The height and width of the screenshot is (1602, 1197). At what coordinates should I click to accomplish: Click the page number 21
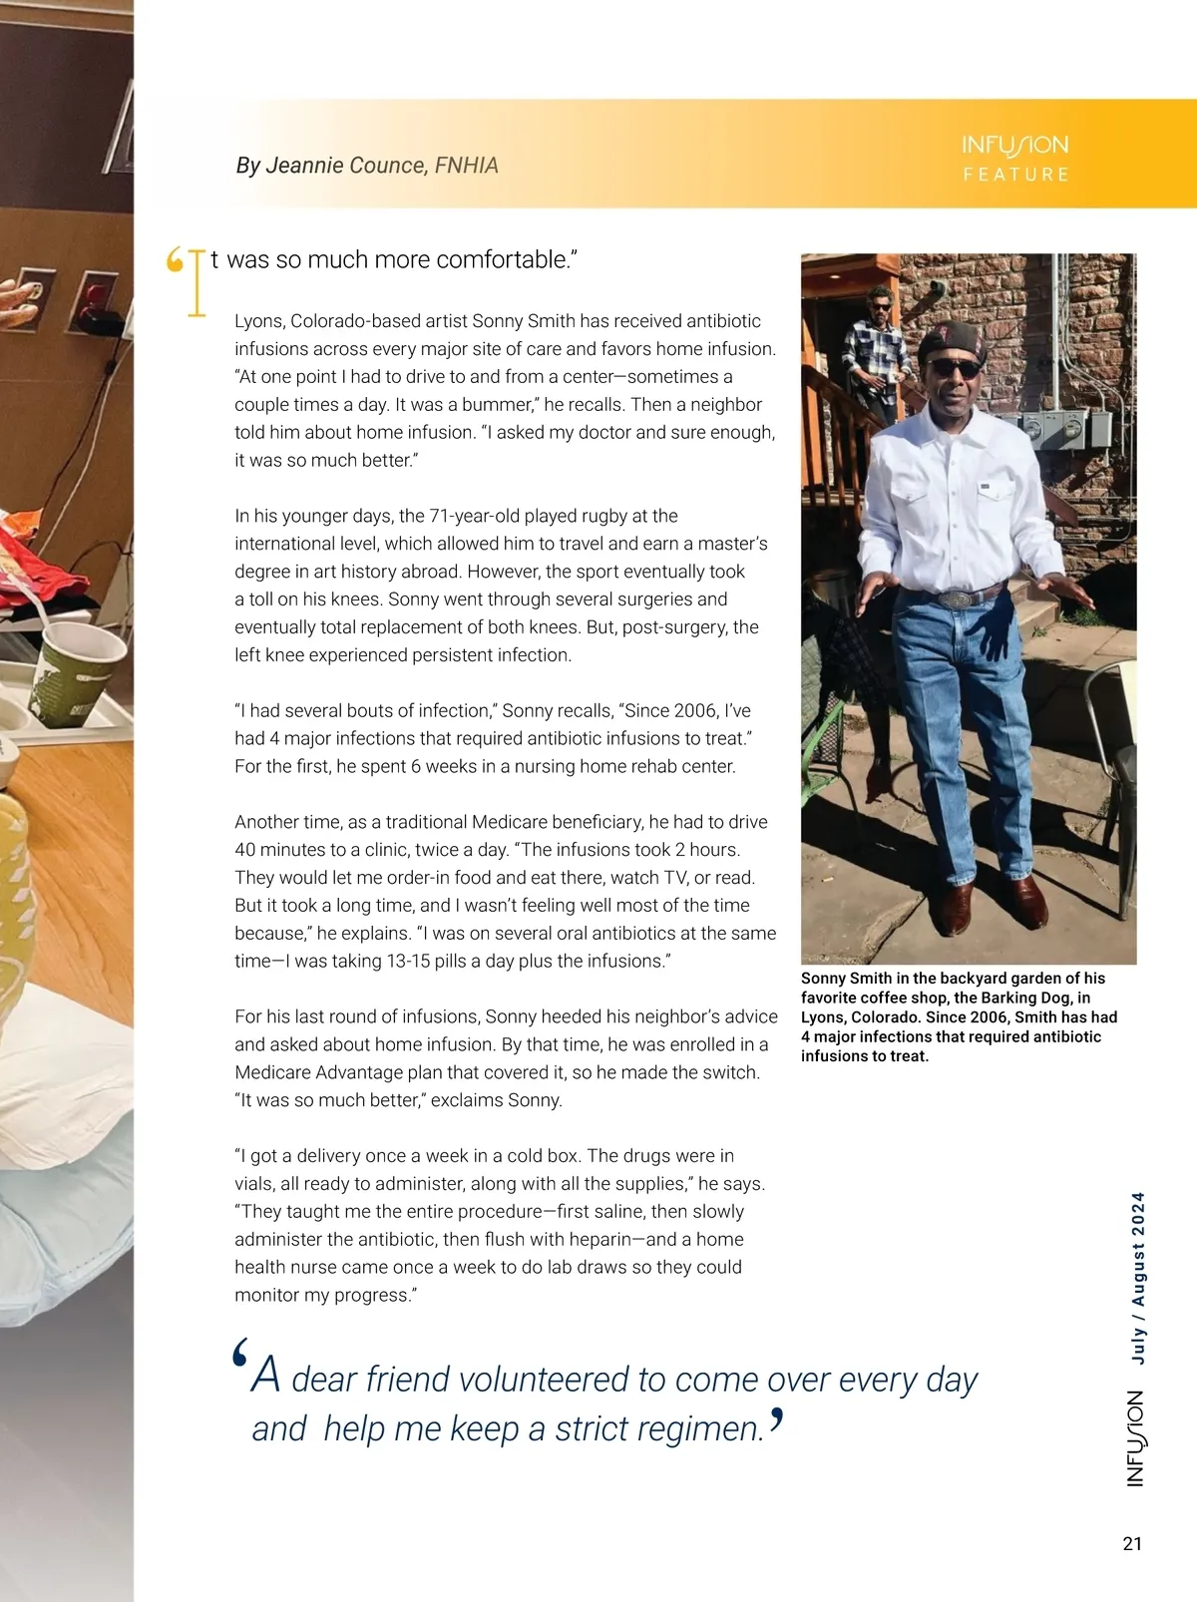tap(1132, 1543)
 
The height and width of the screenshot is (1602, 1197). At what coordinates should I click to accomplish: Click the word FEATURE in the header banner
tap(1015, 175)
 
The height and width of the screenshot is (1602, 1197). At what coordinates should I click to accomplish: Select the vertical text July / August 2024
tap(1138, 1278)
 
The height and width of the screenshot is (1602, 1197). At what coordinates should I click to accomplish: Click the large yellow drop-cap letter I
tap(197, 283)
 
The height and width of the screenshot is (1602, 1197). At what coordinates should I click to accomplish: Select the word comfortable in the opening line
tap(505, 260)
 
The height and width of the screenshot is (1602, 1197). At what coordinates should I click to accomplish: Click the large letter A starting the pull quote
tap(265, 1376)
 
